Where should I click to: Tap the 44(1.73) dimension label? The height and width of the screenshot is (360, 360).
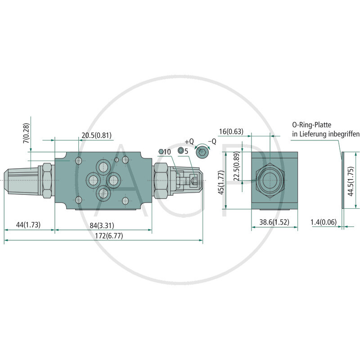point(29,225)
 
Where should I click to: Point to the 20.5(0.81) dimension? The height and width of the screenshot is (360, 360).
point(96,135)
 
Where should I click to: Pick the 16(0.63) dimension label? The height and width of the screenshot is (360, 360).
point(231,131)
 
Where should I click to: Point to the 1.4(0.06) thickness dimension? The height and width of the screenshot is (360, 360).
point(324,222)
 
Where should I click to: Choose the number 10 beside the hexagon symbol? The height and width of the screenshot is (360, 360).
point(167,152)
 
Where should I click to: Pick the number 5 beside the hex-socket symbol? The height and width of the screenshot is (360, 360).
point(186,151)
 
